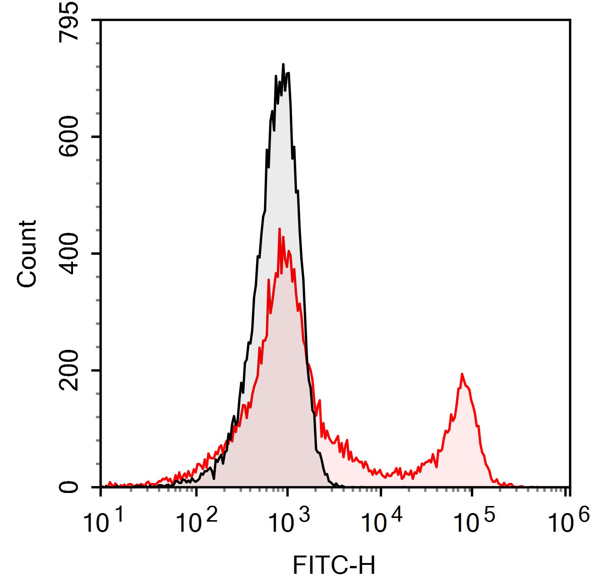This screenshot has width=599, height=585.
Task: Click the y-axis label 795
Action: pyautogui.click(x=69, y=20)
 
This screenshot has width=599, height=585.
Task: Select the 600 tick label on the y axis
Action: pyautogui.click(x=69, y=137)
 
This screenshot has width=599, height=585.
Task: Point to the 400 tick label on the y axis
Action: pyautogui.click(x=69, y=254)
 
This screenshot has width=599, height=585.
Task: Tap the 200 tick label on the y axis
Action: pyautogui.click(x=69, y=370)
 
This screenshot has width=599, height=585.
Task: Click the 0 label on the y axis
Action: pyautogui.click(x=69, y=487)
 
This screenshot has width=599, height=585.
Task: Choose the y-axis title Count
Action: pyautogui.click(x=27, y=254)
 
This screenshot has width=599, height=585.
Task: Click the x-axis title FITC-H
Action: pyautogui.click(x=334, y=566)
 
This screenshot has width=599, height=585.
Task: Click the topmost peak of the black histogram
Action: pyautogui.click(x=283, y=64)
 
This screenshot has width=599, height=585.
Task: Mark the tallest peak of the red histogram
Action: pyautogui.click(x=279, y=229)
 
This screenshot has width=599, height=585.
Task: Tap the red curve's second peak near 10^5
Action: pyautogui.click(x=462, y=374)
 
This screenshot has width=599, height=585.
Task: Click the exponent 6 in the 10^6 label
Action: pyautogui.click(x=584, y=515)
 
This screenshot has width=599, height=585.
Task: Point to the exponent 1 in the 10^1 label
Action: pyautogui.click(x=118, y=515)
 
